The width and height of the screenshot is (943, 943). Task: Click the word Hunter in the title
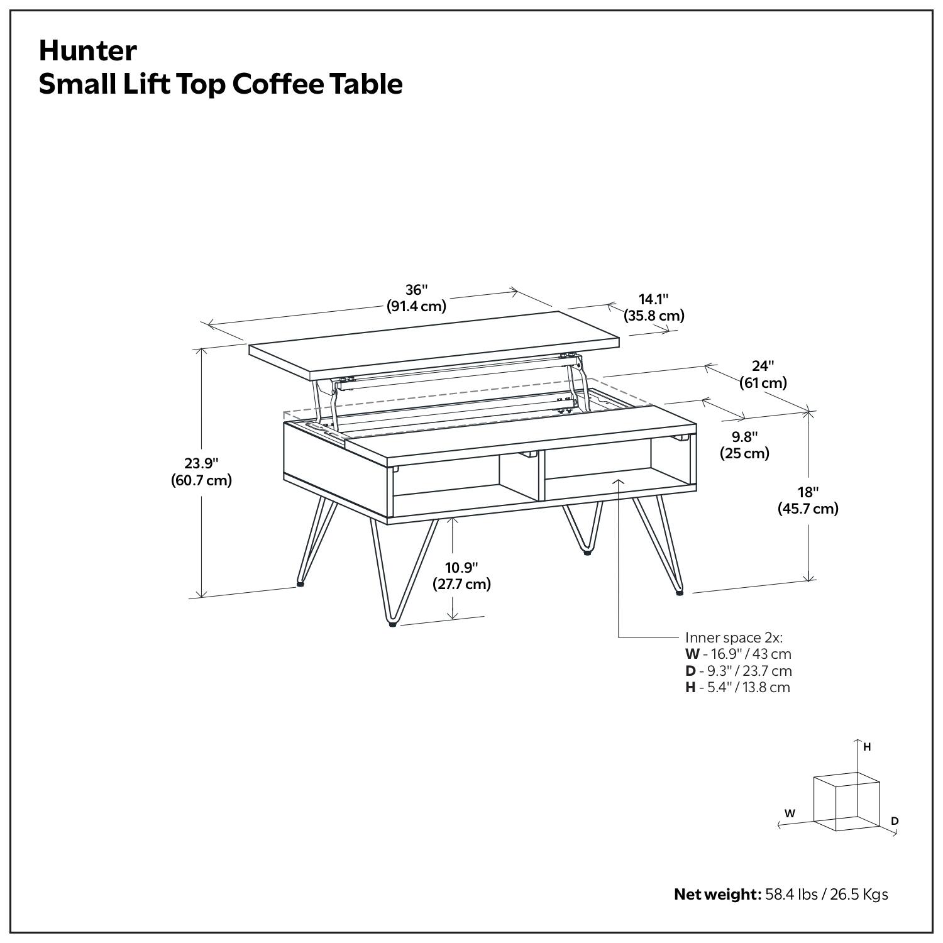pyautogui.click(x=87, y=51)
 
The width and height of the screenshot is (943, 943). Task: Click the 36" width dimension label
pyautogui.click(x=416, y=298)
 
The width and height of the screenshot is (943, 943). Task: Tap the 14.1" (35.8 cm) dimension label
pyautogui.click(x=654, y=307)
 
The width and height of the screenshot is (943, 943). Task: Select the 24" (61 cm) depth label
pyautogui.click(x=763, y=374)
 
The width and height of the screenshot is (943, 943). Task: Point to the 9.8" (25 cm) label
pyautogui.click(x=744, y=444)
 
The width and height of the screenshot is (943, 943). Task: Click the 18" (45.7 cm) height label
pyautogui.click(x=808, y=500)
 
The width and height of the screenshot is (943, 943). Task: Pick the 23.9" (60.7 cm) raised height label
pyautogui.click(x=201, y=472)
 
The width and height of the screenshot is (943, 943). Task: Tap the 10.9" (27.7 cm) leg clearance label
pyautogui.click(x=461, y=575)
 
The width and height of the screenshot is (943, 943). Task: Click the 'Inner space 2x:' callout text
pyautogui.click(x=734, y=637)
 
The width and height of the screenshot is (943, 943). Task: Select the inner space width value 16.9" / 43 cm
pyautogui.click(x=745, y=654)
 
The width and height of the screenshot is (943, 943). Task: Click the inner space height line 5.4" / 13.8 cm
pyautogui.click(x=744, y=687)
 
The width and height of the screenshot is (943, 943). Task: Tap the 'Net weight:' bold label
pyautogui.click(x=717, y=894)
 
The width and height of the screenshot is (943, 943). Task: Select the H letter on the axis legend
pyautogui.click(x=867, y=747)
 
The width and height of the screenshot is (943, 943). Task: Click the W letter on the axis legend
pyautogui.click(x=790, y=813)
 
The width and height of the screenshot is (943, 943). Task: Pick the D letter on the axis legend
pyautogui.click(x=895, y=821)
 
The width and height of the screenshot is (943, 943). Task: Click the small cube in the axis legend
pyautogui.click(x=846, y=802)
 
